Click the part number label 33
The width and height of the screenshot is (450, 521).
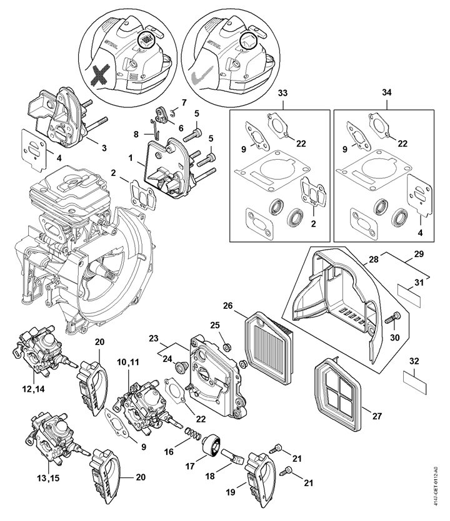point(283,93)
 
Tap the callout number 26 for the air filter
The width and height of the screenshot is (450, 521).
point(228,306)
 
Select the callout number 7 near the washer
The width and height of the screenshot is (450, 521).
point(184,101)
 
